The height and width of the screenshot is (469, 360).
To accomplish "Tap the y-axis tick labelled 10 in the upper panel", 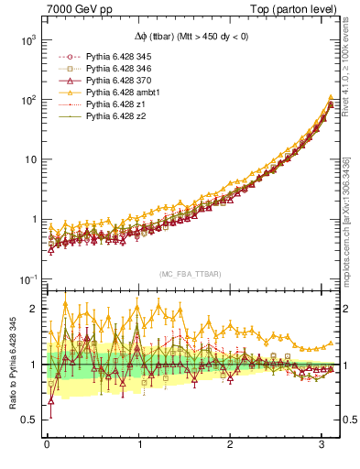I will [x=29, y=160].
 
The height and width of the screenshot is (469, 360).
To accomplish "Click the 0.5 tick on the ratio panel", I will [x=29, y=420].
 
